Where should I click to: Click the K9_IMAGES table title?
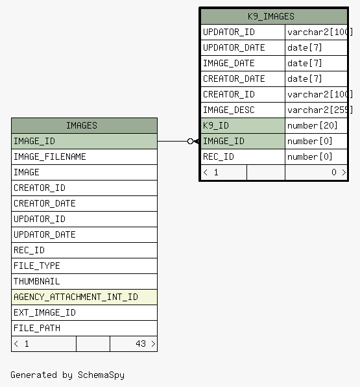271,16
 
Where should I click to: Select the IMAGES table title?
82,125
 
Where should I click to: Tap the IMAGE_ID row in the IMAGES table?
84,141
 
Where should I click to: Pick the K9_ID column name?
216,125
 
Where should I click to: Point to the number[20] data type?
313,125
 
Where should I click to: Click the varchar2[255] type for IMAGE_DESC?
320,110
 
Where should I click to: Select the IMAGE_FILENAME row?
84,156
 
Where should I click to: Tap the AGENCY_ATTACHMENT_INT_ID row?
84,297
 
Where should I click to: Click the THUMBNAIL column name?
37,281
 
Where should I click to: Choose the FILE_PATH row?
84,328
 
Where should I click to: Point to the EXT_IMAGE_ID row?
84,312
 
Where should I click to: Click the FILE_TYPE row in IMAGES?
84,266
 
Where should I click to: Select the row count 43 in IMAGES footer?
141,343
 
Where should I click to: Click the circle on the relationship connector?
190,141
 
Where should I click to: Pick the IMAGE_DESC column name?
228,110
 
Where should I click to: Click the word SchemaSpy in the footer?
101,375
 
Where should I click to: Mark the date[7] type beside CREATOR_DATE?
304,79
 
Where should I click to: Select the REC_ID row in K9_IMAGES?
274,156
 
